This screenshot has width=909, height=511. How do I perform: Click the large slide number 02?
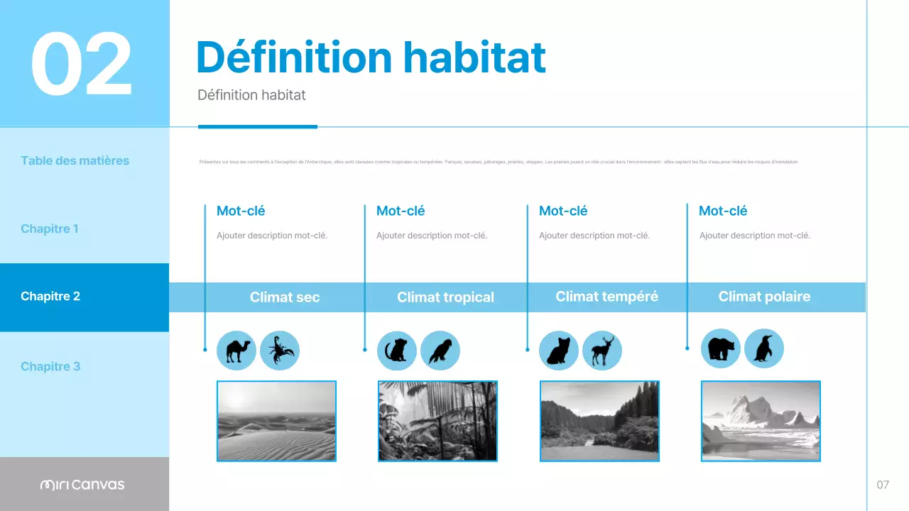[82, 64]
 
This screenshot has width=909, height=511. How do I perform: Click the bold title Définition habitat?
[370, 57]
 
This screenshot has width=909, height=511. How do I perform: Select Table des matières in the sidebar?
[75, 160]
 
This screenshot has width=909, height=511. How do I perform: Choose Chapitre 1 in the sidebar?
[50, 229]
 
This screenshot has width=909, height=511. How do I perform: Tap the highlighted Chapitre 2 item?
[50, 296]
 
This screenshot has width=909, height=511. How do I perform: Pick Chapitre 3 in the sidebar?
[50, 366]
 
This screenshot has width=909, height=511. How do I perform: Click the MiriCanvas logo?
[82, 485]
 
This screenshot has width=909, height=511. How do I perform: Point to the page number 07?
[883, 485]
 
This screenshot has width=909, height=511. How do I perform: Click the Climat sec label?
[285, 297]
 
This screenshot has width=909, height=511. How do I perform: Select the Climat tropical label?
[445, 297]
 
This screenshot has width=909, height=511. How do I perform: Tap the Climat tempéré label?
[606, 296]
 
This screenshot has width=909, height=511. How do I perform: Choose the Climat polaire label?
[764, 296]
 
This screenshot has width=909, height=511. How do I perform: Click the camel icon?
[236, 351]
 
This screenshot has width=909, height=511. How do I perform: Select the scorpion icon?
[280, 351]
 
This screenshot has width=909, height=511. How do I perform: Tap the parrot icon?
[440, 351]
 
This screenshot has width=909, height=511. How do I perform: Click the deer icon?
[602, 351]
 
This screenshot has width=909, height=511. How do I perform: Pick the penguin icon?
[764, 348]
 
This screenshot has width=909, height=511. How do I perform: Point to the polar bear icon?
[721, 348]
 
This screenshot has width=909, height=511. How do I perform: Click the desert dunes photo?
[276, 421]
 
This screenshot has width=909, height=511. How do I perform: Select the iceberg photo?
[761, 421]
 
